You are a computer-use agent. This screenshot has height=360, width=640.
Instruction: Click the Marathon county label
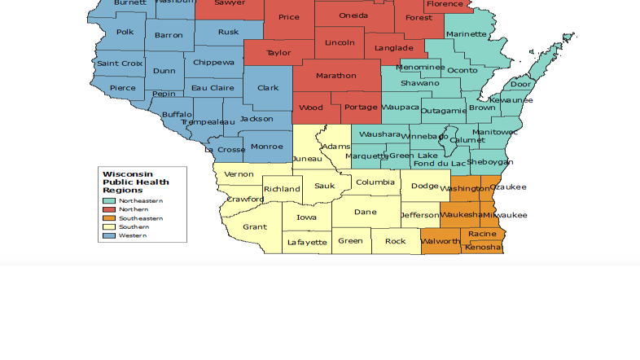[x=336, y=76]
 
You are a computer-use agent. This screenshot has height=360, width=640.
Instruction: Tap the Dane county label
[x=365, y=212]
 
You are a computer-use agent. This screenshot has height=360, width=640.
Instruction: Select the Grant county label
[x=255, y=227]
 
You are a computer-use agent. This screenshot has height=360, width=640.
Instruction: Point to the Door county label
[x=520, y=84]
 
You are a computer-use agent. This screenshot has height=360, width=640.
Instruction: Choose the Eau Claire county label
[x=212, y=88]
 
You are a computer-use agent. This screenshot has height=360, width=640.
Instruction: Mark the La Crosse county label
[x=225, y=150]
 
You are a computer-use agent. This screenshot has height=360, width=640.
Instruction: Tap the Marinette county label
[x=467, y=34]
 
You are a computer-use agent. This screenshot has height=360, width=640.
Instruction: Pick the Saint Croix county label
[x=120, y=64]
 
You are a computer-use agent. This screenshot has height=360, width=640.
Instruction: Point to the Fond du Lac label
[x=441, y=164]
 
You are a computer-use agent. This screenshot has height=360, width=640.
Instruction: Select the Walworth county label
[x=441, y=242]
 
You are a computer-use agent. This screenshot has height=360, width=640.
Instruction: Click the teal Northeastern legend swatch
[x=109, y=200]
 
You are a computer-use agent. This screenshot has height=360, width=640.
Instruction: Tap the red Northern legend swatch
[x=109, y=209]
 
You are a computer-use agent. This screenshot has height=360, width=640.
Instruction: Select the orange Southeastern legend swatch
[x=109, y=218]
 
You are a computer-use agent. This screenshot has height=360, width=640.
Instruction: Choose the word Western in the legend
[x=133, y=235]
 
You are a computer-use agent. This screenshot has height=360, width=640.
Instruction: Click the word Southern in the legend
[x=134, y=227]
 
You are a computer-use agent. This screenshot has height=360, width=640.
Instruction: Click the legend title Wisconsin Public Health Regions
[x=135, y=182]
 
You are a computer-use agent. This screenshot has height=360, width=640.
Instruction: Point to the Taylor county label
[x=278, y=53]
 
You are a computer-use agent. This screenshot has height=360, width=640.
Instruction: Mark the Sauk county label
[x=324, y=186]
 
